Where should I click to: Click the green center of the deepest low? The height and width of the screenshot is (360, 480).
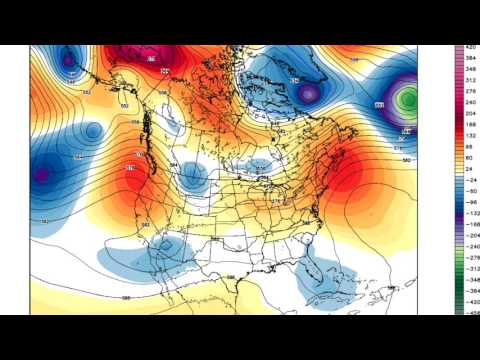pos(408,99)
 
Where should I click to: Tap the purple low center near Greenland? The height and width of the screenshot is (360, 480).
pos(309,93)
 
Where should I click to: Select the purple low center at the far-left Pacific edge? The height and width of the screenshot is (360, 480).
pos(41,175)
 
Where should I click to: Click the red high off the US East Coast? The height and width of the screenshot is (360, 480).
pos(345,180)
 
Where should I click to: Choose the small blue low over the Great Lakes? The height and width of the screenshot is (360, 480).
pos(262,167)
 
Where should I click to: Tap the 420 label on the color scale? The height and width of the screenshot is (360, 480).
pos(467,47)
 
